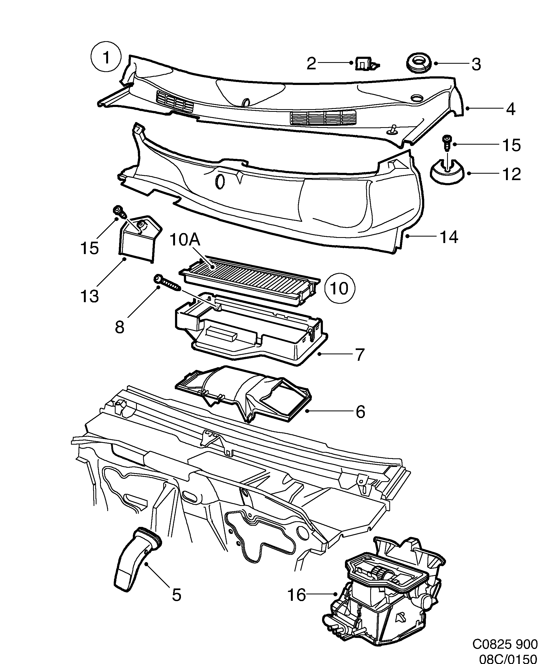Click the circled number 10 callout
339,289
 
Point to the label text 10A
185,241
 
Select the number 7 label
360,355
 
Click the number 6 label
360,412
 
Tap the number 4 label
510,109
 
